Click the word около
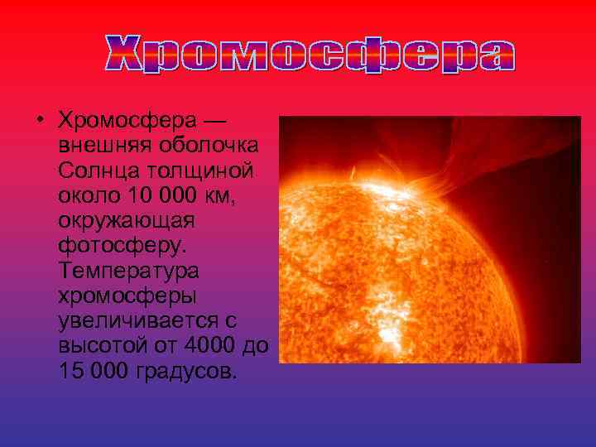(88, 196)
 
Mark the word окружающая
(126, 221)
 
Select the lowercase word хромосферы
(123, 296)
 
